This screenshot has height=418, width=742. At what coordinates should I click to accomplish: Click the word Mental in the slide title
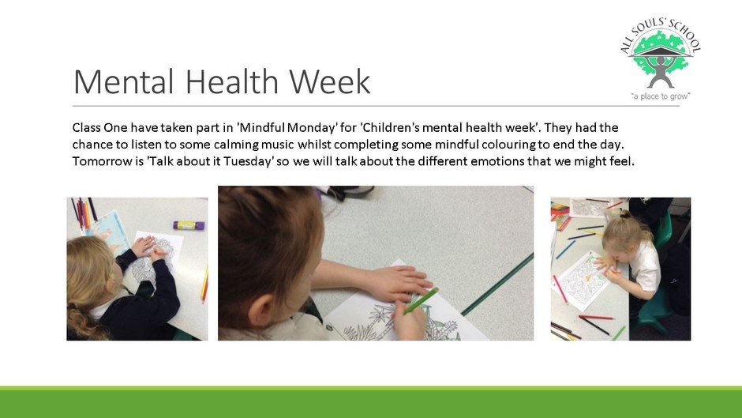click(x=124, y=81)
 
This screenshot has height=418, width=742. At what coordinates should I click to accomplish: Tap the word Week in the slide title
click(x=330, y=81)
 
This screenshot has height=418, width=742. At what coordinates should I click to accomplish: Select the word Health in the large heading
click(x=232, y=81)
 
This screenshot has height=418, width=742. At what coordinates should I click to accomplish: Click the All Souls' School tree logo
click(x=661, y=58)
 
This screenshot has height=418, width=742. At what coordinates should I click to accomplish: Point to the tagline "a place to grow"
click(x=661, y=96)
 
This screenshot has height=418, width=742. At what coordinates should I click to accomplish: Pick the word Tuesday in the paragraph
click(x=249, y=161)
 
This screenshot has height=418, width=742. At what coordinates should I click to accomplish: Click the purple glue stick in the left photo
click(x=189, y=225)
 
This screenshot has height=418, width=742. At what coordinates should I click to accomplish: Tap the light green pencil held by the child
click(x=420, y=301)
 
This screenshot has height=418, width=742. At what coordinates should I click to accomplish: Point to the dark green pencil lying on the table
click(x=497, y=284)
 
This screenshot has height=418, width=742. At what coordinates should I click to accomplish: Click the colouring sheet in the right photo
click(x=581, y=281)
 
